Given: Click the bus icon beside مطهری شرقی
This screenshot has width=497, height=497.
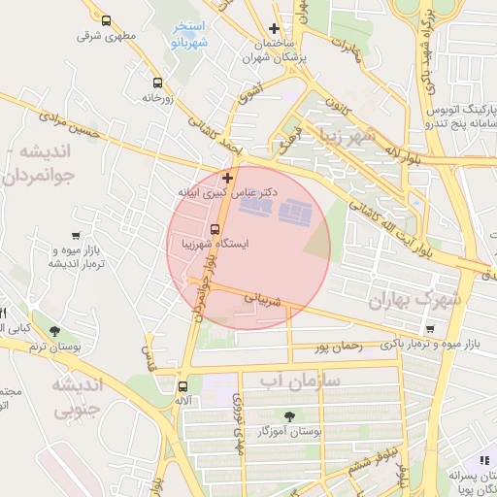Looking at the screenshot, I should tap(106, 20).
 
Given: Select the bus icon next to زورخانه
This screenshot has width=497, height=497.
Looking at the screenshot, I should tap(157, 83).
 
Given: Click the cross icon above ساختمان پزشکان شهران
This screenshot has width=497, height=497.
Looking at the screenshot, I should tap(275, 29).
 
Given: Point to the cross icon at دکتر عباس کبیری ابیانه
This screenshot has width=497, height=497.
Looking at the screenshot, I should tap(228, 178).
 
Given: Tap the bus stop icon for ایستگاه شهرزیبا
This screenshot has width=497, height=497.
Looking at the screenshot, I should tap(215, 230).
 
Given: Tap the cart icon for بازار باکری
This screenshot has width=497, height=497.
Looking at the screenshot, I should tap(430, 330).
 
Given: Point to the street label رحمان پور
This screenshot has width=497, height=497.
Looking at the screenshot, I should tap(339, 345).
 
